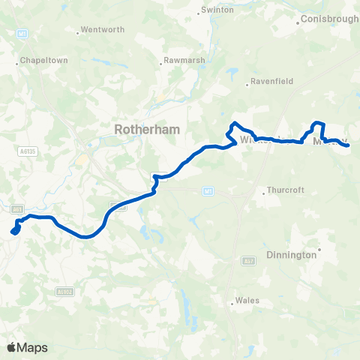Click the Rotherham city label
coord(147,130)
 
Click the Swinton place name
coord(217,11)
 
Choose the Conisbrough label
coord(329,19)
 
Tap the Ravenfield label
coord(273,82)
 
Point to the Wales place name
coord(247,301)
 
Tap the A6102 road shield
coord(64,292)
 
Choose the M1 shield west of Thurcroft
coord(208,192)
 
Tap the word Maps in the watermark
coord(33,347)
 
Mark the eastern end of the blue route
coord(349,145)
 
